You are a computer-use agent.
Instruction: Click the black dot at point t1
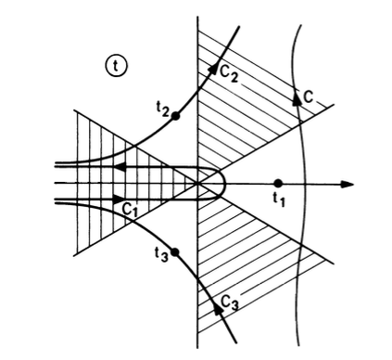[x=278, y=184]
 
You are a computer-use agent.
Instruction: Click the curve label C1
[x=128, y=209]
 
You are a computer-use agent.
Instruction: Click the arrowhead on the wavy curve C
[x=296, y=96]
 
